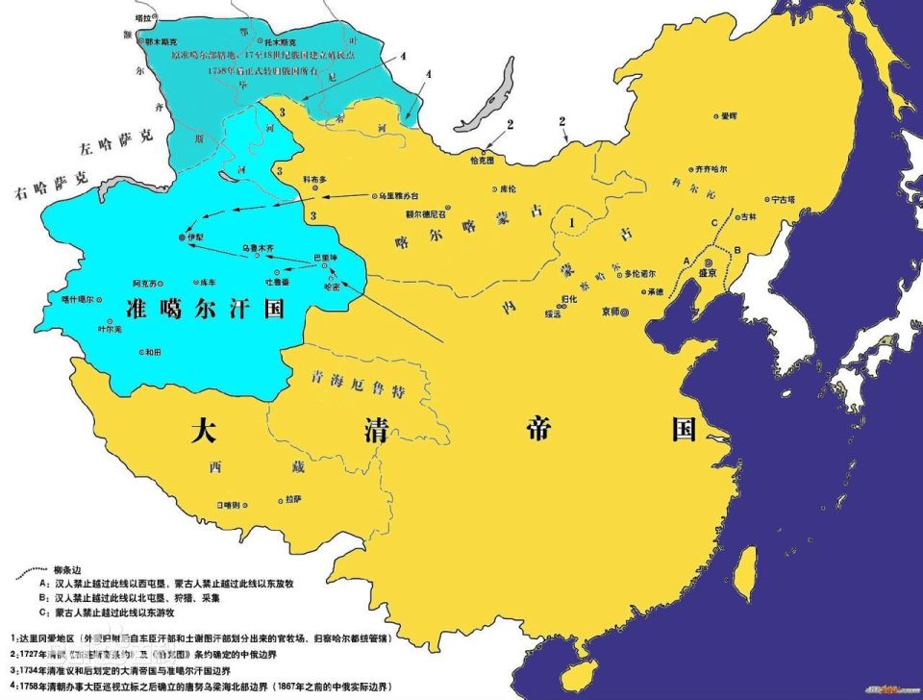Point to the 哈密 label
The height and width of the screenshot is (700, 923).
333,286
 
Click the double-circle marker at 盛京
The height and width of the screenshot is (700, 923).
708,262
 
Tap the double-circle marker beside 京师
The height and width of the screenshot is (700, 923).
626,312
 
